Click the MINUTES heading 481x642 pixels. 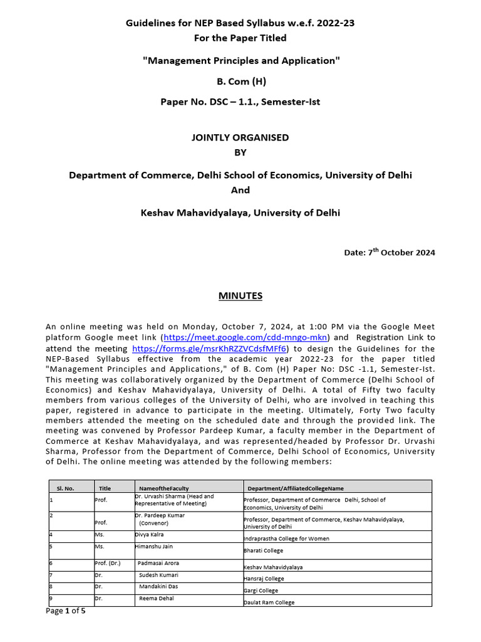[240, 295]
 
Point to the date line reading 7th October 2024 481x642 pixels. [389, 252]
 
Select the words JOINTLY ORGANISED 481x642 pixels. [240, 137]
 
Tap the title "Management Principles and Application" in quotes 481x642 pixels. [240, 60]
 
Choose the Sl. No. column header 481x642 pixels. [65, 487]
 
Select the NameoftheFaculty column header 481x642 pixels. [163, 487]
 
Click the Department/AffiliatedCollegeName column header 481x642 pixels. [296, 487]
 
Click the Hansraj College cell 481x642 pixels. [264, 579]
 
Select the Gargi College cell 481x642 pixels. [261, 591]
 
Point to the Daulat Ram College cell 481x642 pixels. [269, 603]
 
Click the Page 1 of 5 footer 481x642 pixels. [66, 611]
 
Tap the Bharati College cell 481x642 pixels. [263, 550]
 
